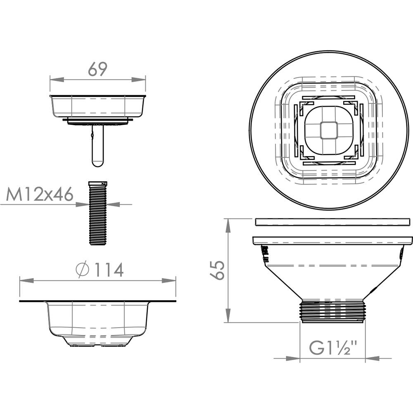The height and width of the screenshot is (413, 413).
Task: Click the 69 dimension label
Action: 98,69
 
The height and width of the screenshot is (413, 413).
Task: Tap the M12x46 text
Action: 40,195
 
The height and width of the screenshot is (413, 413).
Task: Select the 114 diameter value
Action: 109,270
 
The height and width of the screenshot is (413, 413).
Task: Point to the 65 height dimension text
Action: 217,270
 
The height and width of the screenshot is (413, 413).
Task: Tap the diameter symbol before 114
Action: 83,270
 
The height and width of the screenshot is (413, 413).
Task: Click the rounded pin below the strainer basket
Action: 98,146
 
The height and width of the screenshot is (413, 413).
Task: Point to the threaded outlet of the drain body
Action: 332,311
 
